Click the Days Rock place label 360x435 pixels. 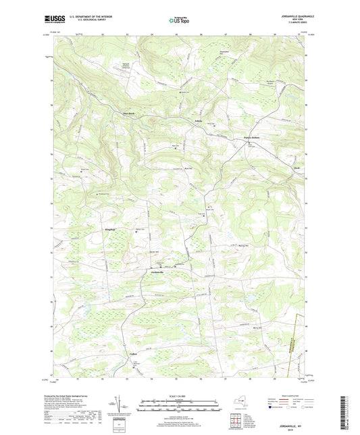(128, 113)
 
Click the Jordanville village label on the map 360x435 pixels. (158, 271)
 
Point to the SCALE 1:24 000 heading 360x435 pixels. (178, 395)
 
